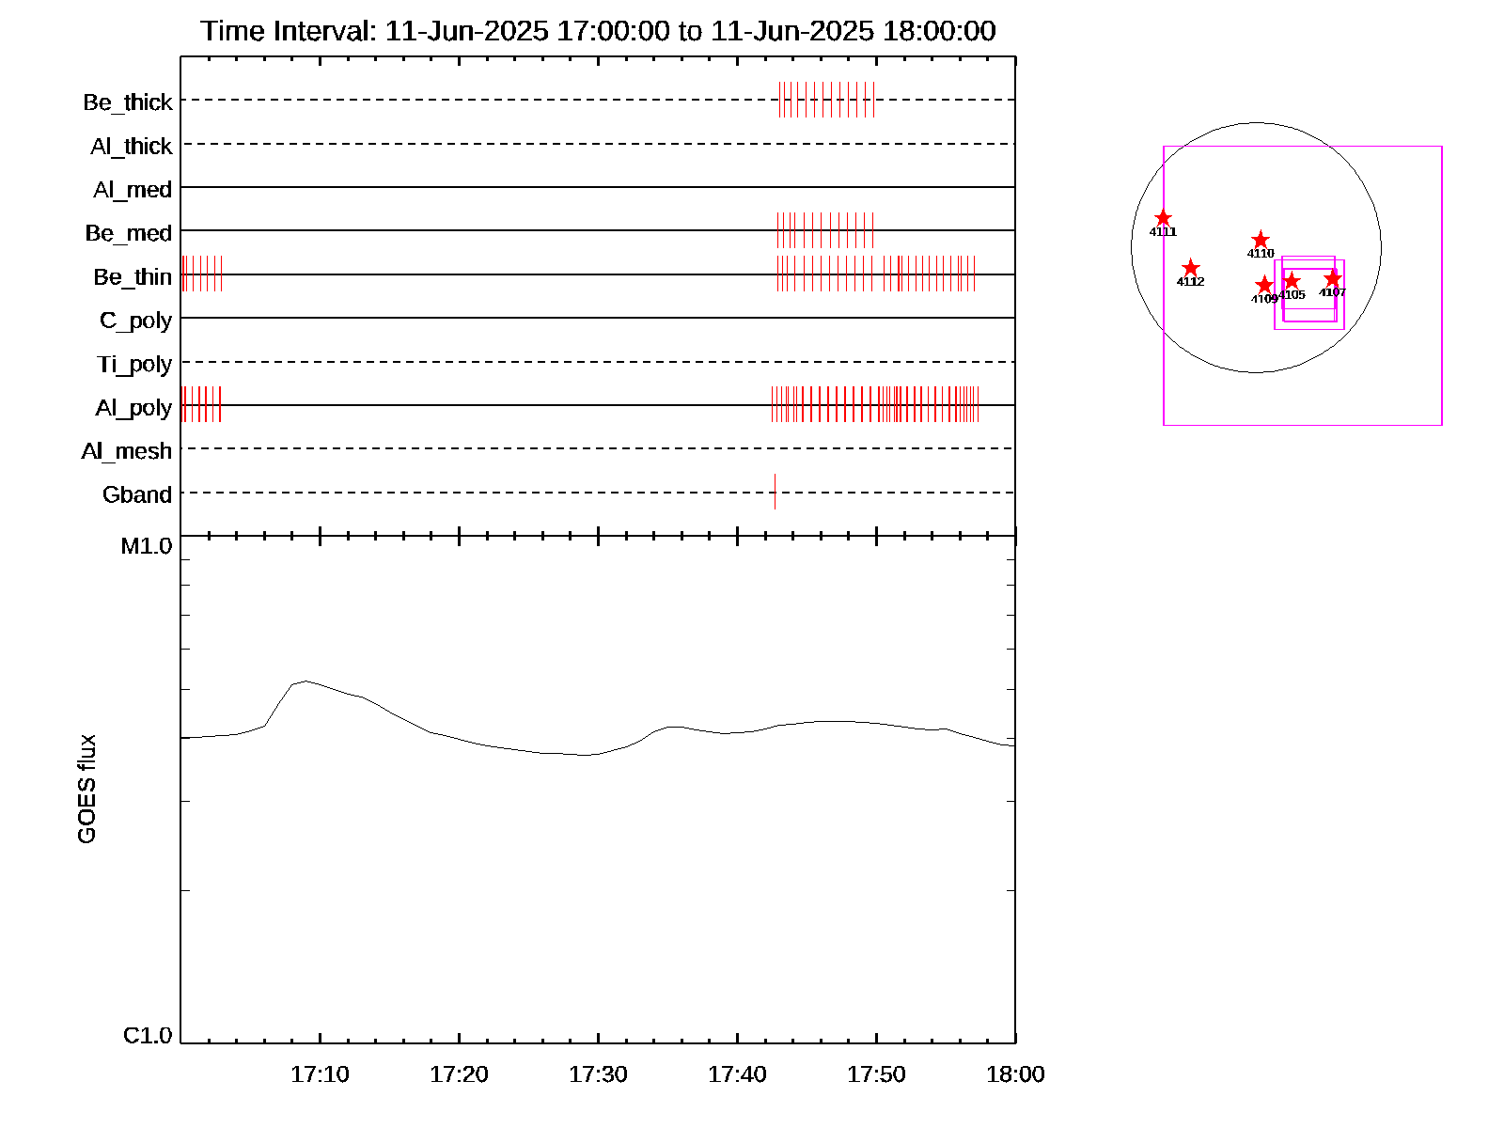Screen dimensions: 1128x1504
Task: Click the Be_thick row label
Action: (x=128, y=102)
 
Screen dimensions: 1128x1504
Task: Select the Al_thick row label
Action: (x=132, y=147)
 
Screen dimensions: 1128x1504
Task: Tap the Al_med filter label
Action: (x=133, y=190)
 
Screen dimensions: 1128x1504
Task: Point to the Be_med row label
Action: (x=129, y=233)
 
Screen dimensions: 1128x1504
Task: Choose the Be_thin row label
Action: (x=133, y=277)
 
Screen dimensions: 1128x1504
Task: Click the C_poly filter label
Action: (x=135, y=321)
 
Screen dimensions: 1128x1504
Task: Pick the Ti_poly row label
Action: (x=134, y=365)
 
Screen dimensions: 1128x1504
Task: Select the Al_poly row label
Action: (x=133, y=408)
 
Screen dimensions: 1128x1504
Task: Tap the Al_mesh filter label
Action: (x=127, y=451)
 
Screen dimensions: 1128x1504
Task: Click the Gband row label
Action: (x=137, y=494)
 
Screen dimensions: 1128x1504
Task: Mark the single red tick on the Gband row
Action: (x=775, y=492)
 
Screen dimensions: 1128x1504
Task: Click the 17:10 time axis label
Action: (x=320, y=1074)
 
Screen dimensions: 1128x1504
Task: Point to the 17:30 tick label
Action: (x=598, y=1074)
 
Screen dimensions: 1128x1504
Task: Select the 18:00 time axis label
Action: (x=1015, y=1074)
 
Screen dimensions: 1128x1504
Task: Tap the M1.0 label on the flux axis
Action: (x=147, y=546)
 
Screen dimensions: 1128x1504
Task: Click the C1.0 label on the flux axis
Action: (x=148, y=1036)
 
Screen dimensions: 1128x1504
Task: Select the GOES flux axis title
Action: (x=86, y=790)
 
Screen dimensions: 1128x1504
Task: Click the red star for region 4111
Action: (x=1163, y=218)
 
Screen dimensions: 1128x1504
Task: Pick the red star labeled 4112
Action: (x=1190, y=268)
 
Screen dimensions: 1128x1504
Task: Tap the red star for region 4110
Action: (x=1261, y=241)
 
